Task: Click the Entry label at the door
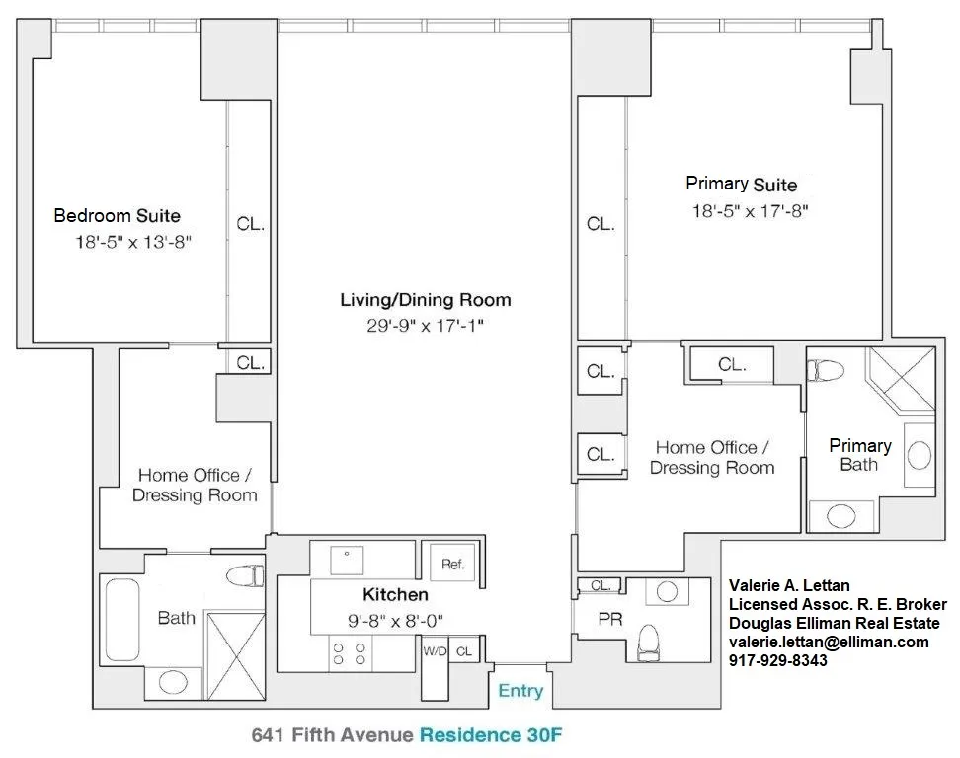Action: pyautogui.click(x=520, y=691)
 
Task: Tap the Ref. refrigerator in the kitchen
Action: pyautogui.click(x=453, y=565)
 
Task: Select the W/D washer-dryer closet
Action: pyautogui.click(x=435, y=652)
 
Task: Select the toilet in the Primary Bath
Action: pyautogui.click(x=826, y=371)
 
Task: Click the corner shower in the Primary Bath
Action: pyautogui.click(x=900, y=383)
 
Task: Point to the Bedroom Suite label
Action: pyautogui.click(x=117, y=215)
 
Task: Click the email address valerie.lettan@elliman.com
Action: pyautogui.click(x=828, y=642)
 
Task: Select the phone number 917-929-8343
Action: pyautogui.click(x=777, y=661)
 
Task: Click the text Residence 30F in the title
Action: pyautogui.click(x=492, y=735)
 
